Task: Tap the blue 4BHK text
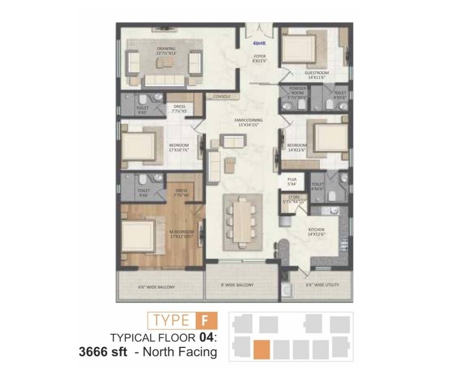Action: [x=260, y=43]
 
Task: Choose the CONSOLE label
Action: [x=221, y=96]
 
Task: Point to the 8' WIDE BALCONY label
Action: [x=237, y=285]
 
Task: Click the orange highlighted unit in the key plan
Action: [x=262, y=349]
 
